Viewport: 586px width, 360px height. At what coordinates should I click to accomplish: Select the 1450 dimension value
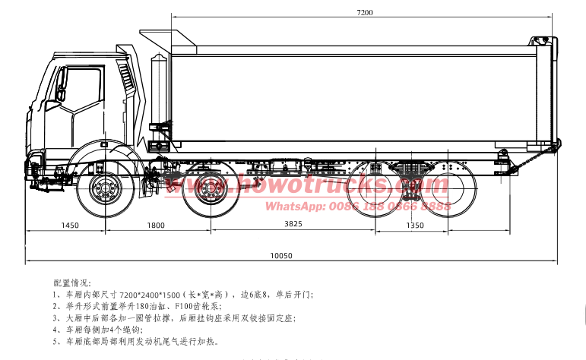coord(70,225)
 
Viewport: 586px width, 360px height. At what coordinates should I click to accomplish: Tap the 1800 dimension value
coord(155,225)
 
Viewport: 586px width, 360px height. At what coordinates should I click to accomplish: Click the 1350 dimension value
coord(415,225)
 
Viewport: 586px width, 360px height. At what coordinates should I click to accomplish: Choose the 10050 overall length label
coord(281,256)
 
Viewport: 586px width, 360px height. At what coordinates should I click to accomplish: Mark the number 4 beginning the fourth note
coord(55,330)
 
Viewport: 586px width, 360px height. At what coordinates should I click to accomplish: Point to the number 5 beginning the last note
coord(55,343)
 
